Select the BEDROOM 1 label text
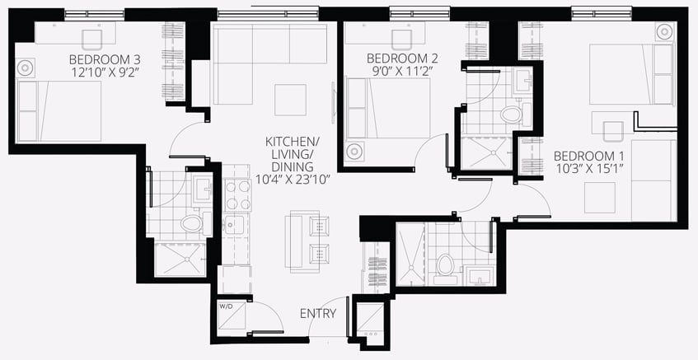[x=588, y=157]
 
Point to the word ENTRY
[x=318, y=314]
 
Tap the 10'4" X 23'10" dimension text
[x=292, y=180]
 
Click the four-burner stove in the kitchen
[x=237, y=195]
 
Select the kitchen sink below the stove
[x=234, y=225]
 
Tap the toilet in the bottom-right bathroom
[x=446, y=269]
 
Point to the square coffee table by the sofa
[x=290, y=101]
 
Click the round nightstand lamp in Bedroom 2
[x=355, y=152]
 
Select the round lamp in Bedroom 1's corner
[x=663, y=32]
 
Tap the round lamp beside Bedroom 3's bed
[x=25, y=68]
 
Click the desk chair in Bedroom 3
[x=92, y=40]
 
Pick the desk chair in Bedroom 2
[x=401, y=40]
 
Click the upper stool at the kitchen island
[x=319, y=227]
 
